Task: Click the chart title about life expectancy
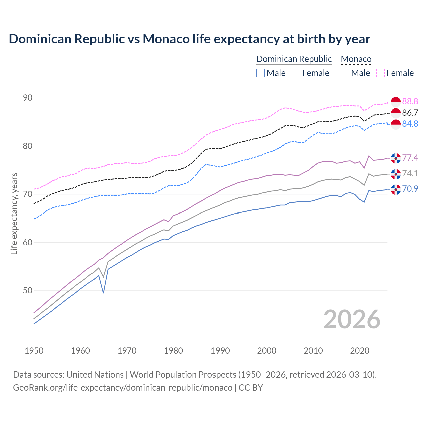tap(189, 39)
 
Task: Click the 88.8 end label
tap(410, 101)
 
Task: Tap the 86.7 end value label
tap(410, 113)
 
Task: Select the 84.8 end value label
tap(410, 124)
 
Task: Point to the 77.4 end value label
tap(410, 158)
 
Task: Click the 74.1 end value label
tap(410, 173)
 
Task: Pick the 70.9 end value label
tap(410, 189)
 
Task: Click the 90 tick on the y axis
tap(28, 98)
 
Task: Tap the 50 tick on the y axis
tap(28, 291)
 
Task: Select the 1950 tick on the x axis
tap(34, 351)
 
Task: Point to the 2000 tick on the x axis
tap(267, 351)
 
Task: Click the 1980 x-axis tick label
tap(174, 351)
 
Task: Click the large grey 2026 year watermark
tap(352, 319)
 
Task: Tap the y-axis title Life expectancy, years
tap(14, 213)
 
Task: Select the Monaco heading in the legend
tap(356, 59)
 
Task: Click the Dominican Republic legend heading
tap(294, 59)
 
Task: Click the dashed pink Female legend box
tap(381, 73)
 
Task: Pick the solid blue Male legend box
tap(261, 73)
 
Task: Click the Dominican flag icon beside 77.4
tap(396, 158)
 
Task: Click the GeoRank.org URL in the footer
tap(122, 388)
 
